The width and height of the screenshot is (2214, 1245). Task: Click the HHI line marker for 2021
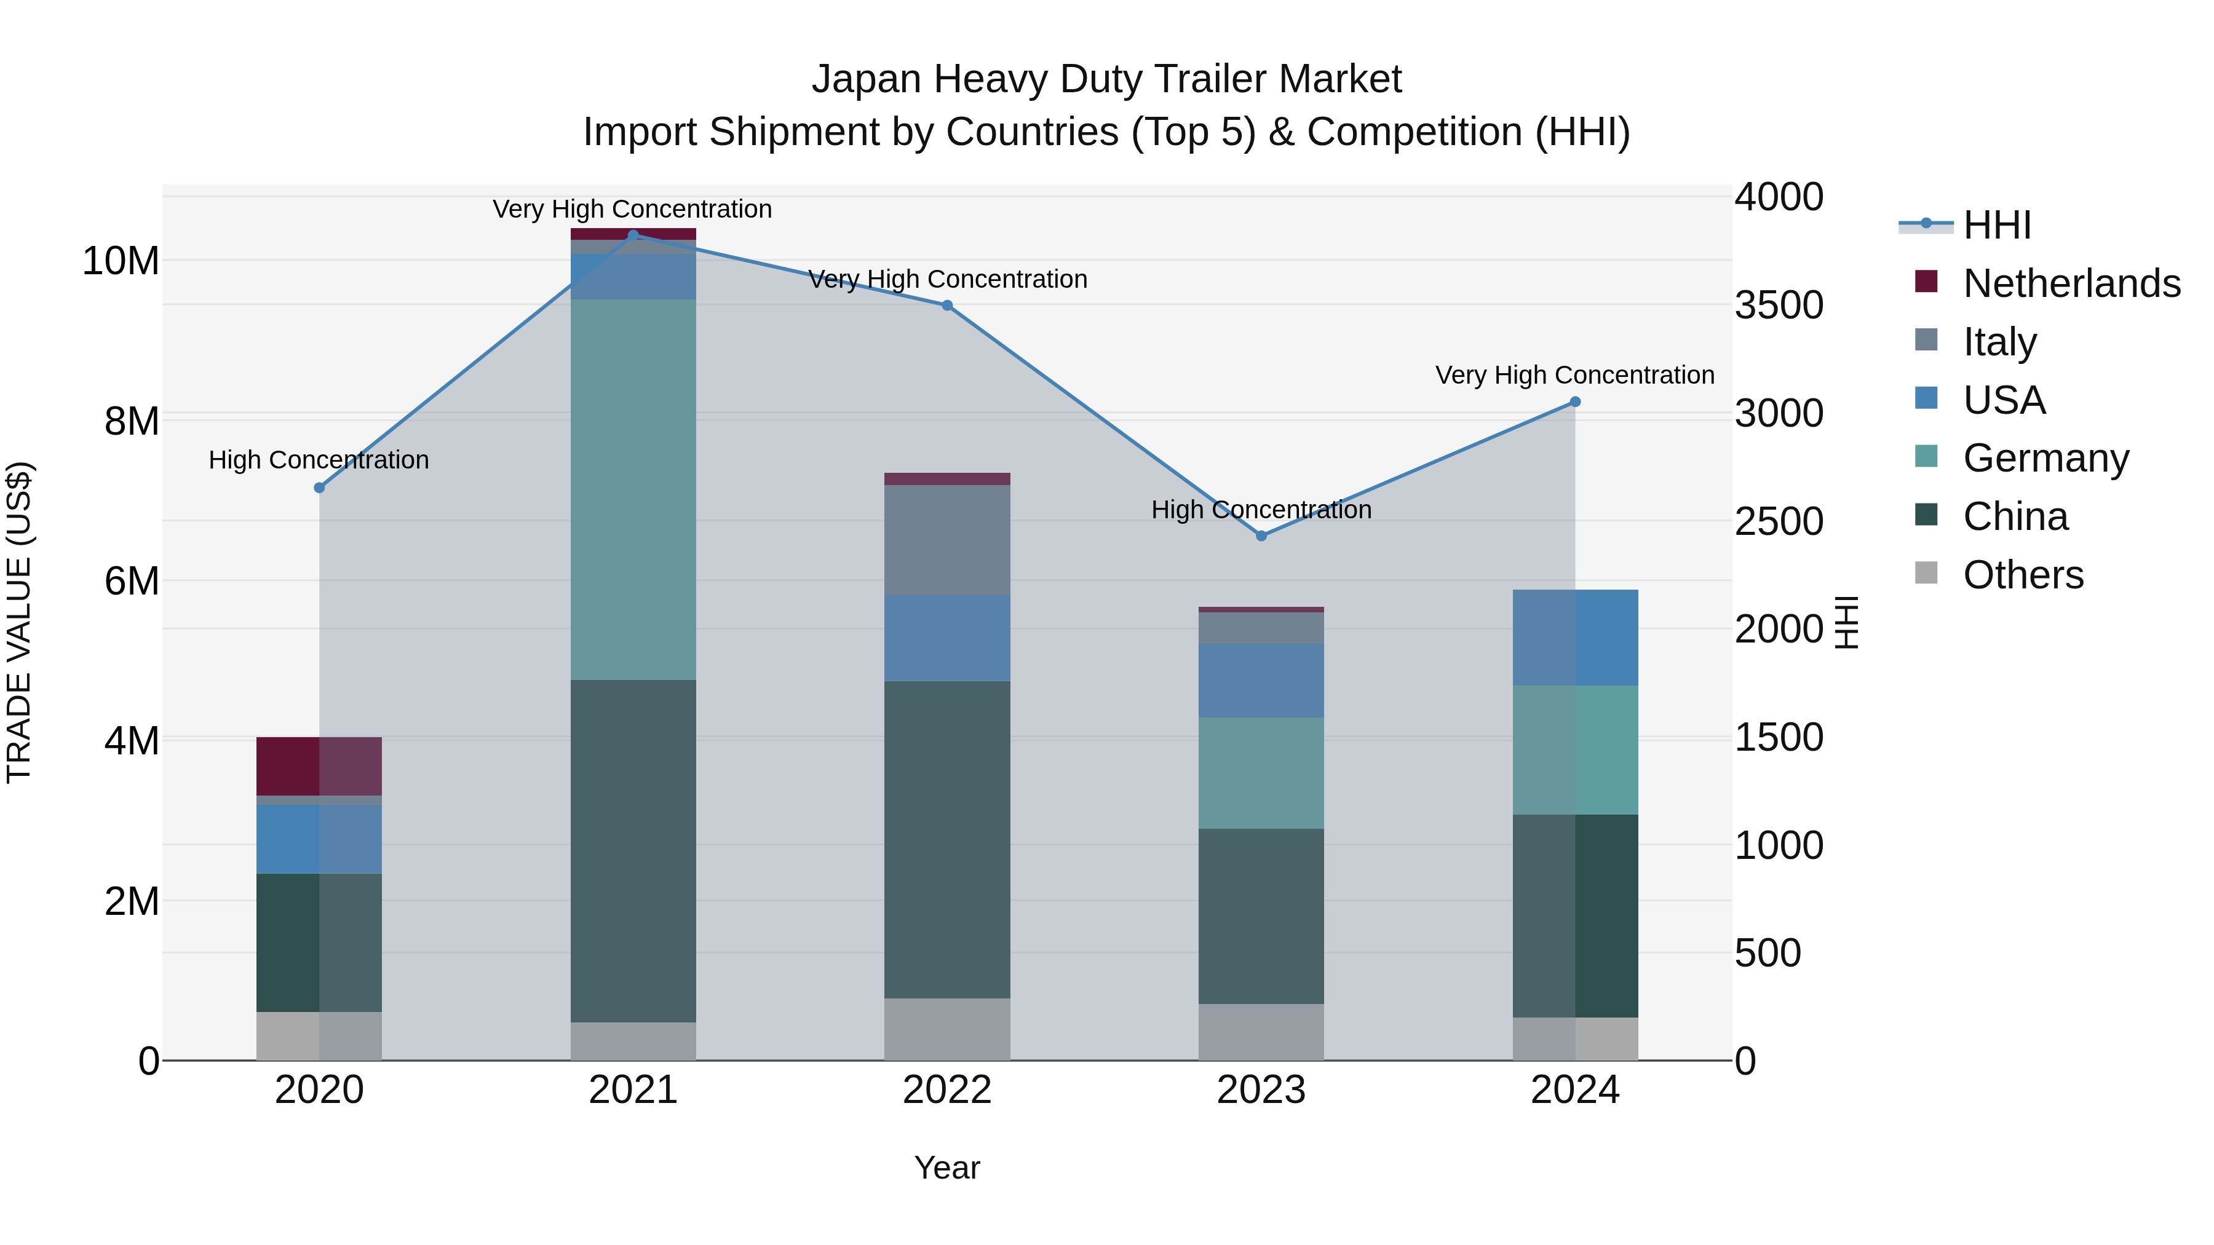pyautogui.click(x=633, y=235)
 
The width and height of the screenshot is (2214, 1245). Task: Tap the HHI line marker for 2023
pyautogui.click(x=1261, y=536)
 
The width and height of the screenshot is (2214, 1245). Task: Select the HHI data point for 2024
pyautogui.click(x=1574, y=402)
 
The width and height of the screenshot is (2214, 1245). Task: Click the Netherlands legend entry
pyautogui.click(x=2071, y=283)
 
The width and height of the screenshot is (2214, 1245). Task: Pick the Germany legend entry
pyautogui.click(x=2045, y=458)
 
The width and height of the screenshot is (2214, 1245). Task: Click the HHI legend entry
pyautogui.click(x=1996, y=225)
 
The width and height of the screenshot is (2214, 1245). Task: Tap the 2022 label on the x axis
pyautogui.click(x=947, y=1090)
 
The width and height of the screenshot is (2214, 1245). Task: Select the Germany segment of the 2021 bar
pyautogui.click(x=633, y=490)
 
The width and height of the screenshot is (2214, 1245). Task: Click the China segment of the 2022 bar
pyautogui.click(x=947, y=839)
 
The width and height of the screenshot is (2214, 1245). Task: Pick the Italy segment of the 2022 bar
pyautogui.click(x=947, y=540)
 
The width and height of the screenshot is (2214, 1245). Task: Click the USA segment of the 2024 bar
pyautogui.click(x=1574, y=638)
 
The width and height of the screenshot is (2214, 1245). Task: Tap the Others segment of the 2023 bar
pyautogui.click(x=1261, y=1032)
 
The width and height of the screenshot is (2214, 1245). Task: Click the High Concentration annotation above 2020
pyautogui.click(x=319, y=460)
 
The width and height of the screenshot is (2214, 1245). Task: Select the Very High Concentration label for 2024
pyautogui.click(x=1574, y=376)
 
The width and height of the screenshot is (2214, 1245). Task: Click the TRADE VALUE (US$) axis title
pyautogui.click(x=19, y=622)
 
